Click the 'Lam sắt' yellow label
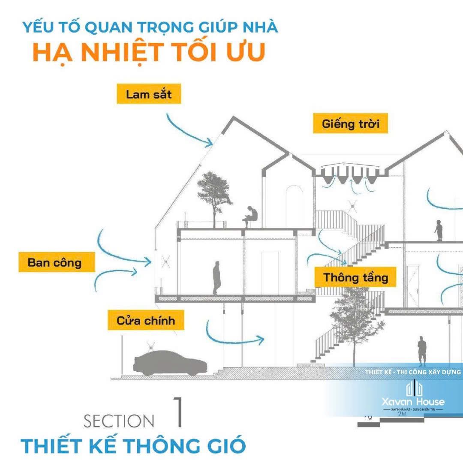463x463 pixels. pyautogui.click(x=149, y=94)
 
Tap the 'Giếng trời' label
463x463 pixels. pyautogui.click(x=351, y=124)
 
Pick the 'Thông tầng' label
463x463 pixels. pyautogui.click(x=355, y=277)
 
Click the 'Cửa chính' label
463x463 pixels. pyautogui.click(x=146, y=320)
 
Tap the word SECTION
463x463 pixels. pyautogui.click(x=119, y=421)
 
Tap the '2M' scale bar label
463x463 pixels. pyautogui.click(x=402, y=414)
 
